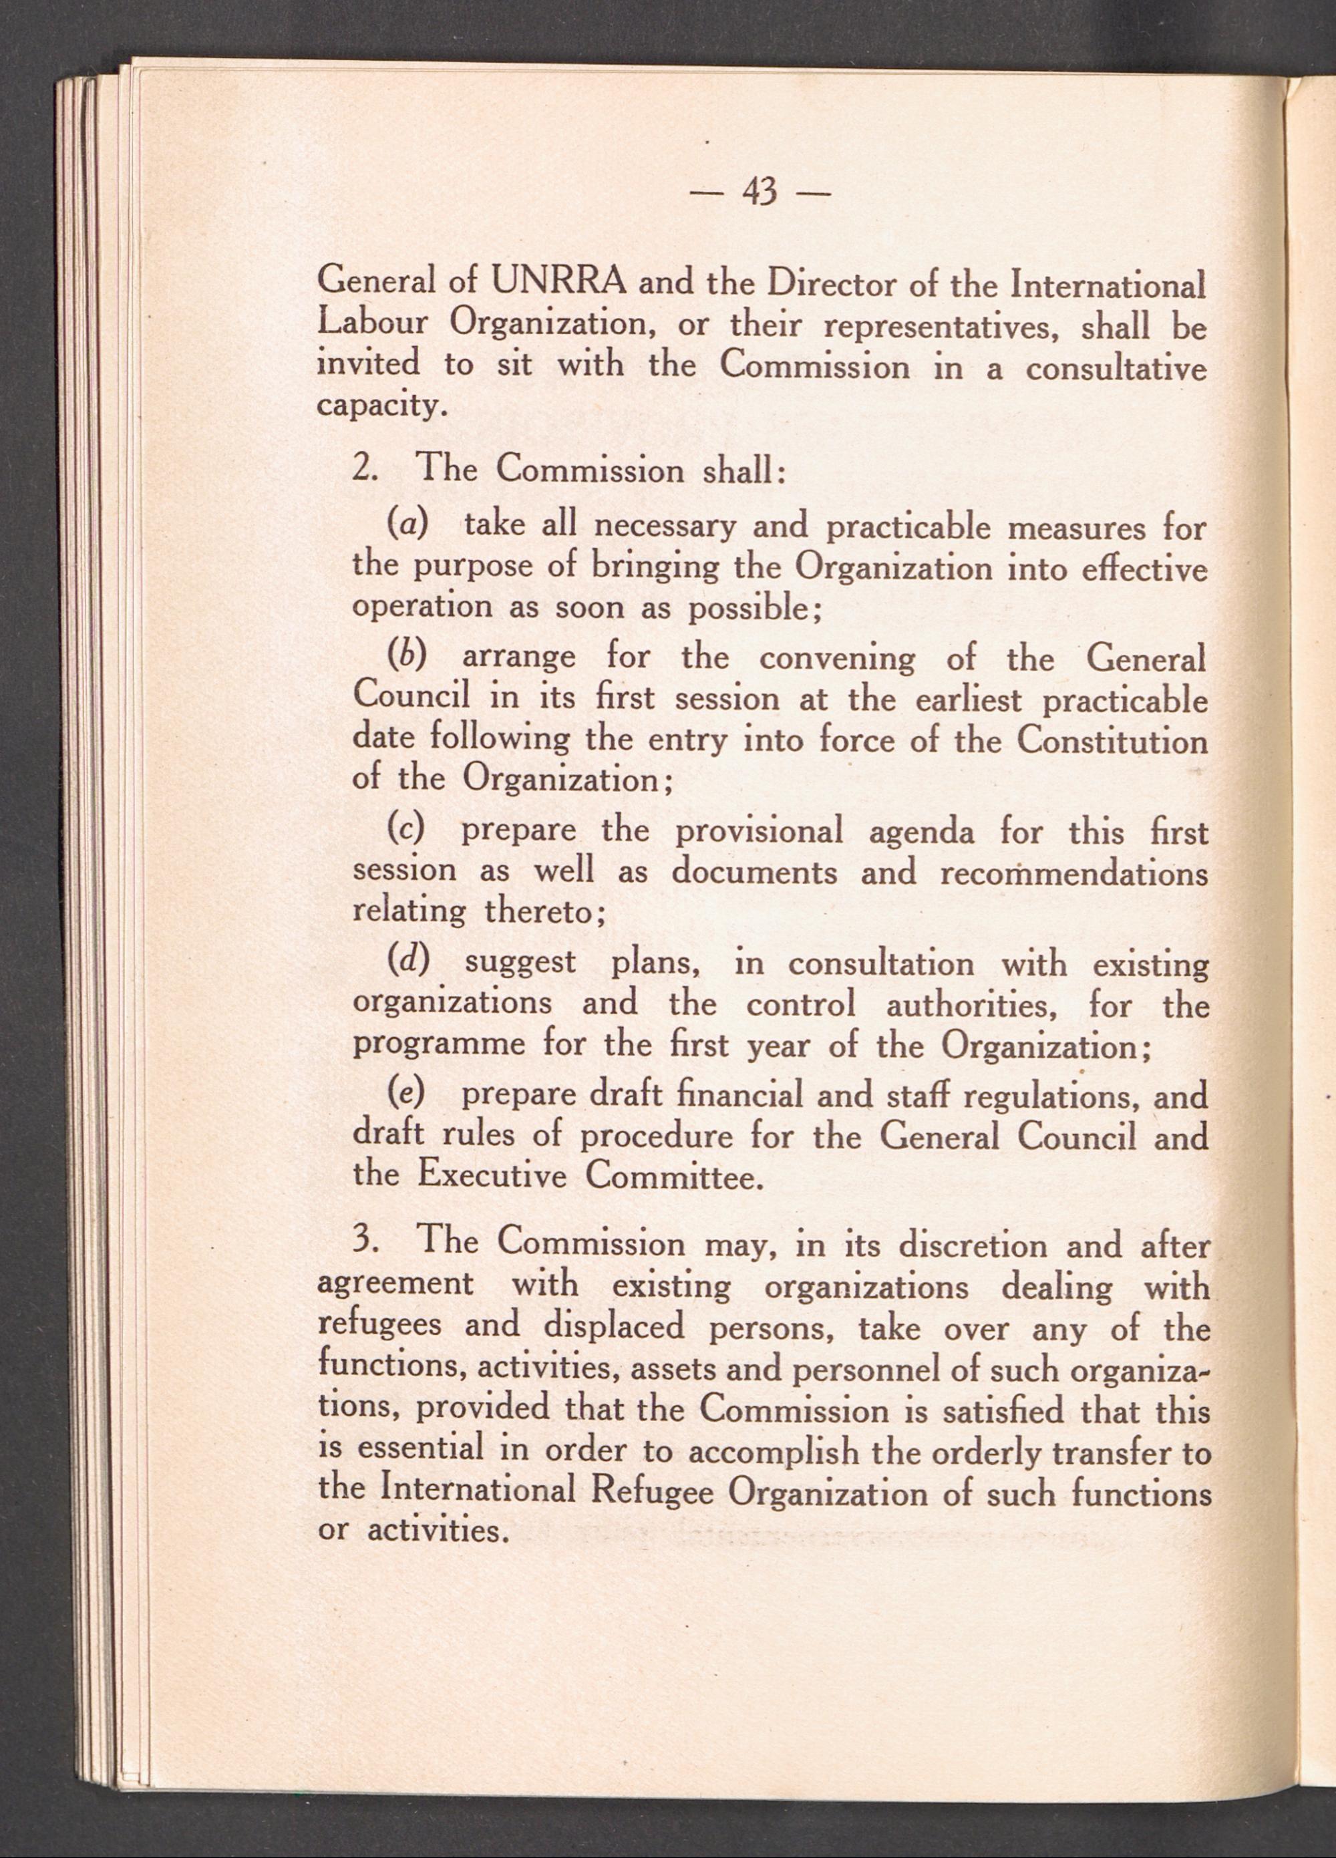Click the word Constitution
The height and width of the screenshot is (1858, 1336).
point(1112,740)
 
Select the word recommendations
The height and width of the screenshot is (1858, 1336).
point(1073,873)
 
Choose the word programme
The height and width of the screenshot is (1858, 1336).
point(436,1047)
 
